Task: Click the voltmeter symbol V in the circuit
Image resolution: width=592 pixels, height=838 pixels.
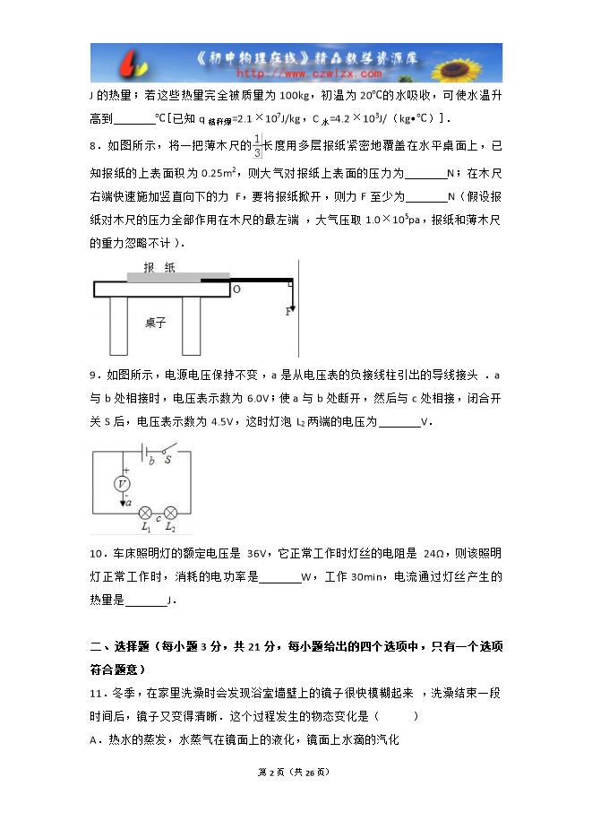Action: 124,483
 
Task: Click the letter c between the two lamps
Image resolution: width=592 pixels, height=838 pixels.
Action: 158,518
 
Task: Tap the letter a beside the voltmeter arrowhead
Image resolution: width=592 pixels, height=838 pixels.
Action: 132,505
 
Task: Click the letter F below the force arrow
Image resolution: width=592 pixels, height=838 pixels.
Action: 288,312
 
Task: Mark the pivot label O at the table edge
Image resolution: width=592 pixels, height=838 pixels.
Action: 236,289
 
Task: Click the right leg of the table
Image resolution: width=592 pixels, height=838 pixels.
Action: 191,325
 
